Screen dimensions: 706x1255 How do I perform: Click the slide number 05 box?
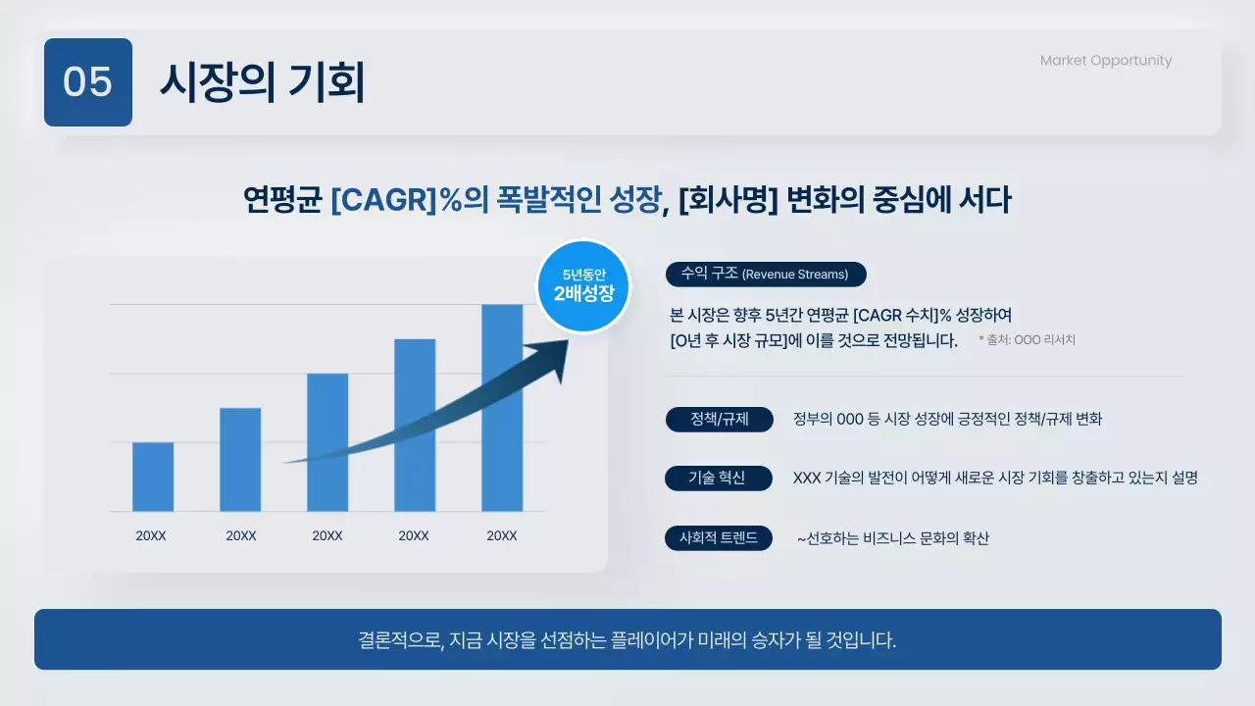pyautogui.click(x=88, y=82)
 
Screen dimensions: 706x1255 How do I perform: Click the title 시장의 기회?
pyautogui.click(x=262, y=82)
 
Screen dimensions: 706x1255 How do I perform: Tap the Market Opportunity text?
pyautogui.click(x=1105, y=61)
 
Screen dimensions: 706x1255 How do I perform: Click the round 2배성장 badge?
pyautogui.click(x=583, y=286)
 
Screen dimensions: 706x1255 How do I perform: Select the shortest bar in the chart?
pyautogui.click(x=153, y=477)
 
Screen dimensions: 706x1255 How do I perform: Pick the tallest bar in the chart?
pyautogui.click(x=502, y=407)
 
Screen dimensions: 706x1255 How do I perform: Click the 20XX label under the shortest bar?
pyautogui.click(x=151, y=536)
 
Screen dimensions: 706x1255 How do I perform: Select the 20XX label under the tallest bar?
pyautogui.click(x=502, y=536)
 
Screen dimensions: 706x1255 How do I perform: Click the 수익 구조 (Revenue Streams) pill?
pyautogui.click(x=765, y=275)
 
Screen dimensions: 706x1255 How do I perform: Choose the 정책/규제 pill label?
pyautogui.click(x=719, y=420)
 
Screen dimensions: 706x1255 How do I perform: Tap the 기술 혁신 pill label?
pyautogui.click(x=717, y=479)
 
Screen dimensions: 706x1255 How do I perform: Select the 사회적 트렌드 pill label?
pyautogui.click(x=718, y=538)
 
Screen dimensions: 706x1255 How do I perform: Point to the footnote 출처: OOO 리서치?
pyautogui.click(x=1027, y=340)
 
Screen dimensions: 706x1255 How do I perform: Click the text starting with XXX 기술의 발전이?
pyautogui.click(x=995, y=479)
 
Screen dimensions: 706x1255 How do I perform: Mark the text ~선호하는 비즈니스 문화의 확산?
pyautogui.click(x=892, y=538)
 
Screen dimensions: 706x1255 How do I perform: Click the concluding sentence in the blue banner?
pyautogui.click(x=627, y=640)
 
